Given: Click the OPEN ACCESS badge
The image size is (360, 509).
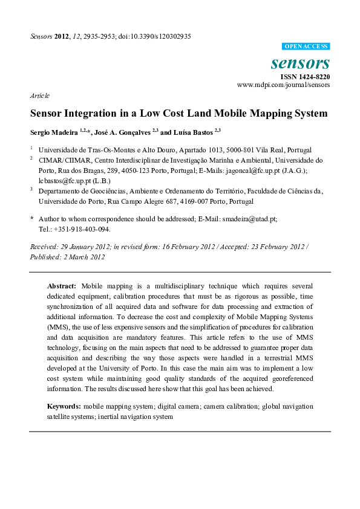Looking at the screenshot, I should pyautogui.click(x=306, y=47).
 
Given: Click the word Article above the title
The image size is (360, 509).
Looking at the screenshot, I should pyautogui.click(x=39, y=96).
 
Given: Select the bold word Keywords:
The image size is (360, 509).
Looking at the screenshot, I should pyautogui.click(x=65, y=406).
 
